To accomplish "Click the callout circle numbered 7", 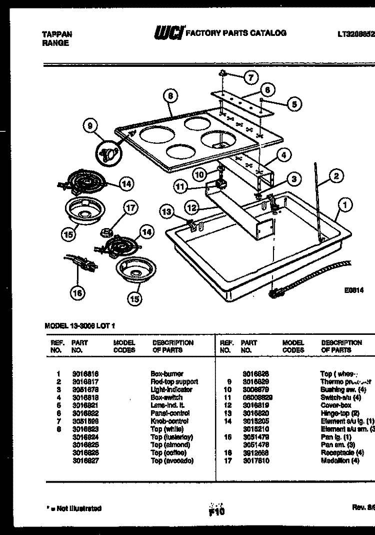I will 251,77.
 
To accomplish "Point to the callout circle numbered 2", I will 336,176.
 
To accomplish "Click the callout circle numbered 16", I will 76,293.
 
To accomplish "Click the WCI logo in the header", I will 169,33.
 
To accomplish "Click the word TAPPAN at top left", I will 56,34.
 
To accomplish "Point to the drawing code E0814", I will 353,290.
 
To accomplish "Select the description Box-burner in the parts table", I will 167,373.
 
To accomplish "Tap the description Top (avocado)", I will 171,461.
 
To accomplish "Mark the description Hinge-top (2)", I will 339,413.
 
